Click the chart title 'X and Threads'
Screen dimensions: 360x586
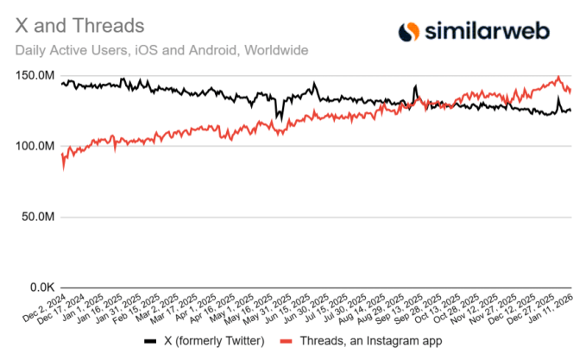click(x=80, y=28)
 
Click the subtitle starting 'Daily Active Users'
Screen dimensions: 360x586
click(x=161, y=50)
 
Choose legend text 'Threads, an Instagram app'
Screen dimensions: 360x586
click(x=373, y=341)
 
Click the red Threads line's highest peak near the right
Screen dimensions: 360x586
click(x=558, y=78)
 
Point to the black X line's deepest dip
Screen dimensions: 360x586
click(x=277, y=117)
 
